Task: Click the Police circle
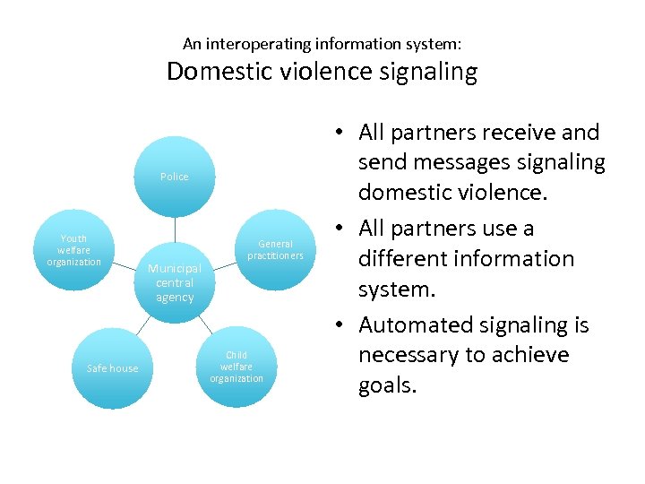[175, 177]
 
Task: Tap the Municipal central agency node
[175, 281]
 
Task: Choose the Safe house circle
[112, 368]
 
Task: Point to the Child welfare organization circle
[236, 367]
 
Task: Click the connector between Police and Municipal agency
[175, 228]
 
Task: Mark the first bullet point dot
[344, 134]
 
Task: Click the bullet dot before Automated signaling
[344, 326]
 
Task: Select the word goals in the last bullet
[388, 386]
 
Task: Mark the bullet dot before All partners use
[344, 229]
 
